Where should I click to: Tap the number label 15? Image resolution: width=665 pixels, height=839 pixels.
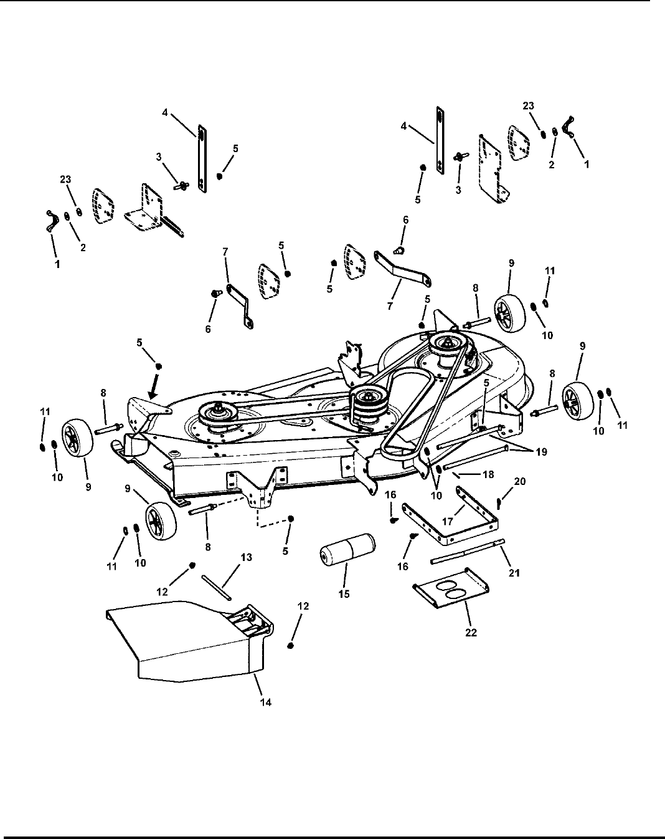[x=344, y=594]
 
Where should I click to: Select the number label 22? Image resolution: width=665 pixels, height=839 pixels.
[x=471, y=631]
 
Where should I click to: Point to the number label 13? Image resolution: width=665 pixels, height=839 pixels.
[x=247, y=557]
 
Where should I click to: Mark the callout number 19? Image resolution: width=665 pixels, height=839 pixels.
[x=542, y=452]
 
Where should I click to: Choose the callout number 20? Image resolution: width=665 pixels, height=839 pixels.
[x=520, y=481]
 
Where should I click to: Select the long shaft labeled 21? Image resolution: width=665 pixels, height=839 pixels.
[x=467, y=552]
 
